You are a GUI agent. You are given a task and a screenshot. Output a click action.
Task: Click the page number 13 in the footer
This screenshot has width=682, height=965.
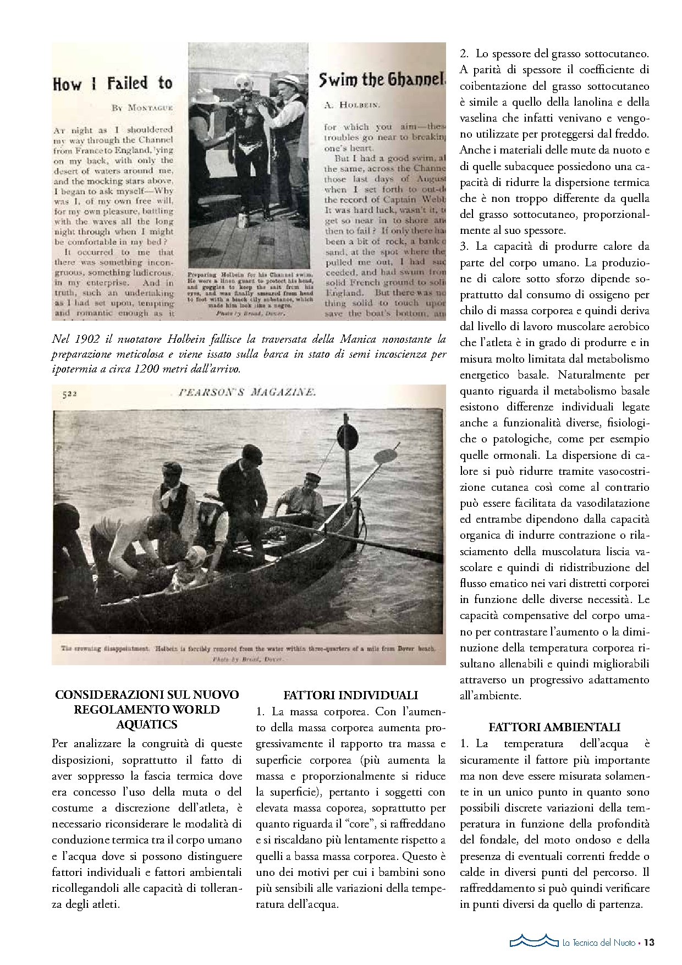649,942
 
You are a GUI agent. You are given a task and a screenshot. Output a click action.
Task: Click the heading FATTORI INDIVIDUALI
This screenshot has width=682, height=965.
350,695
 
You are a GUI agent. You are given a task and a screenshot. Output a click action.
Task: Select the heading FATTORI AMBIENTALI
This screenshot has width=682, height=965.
554,727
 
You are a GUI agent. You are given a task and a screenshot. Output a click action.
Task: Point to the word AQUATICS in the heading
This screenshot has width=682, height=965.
147,724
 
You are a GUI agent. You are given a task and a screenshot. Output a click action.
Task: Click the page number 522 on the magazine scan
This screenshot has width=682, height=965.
69,393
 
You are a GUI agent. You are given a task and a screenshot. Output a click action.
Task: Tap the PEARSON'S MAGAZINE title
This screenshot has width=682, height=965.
247,392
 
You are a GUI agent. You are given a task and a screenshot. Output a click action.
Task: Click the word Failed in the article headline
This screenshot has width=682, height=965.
128,84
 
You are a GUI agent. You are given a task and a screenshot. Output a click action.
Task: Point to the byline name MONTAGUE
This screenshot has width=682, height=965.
150,108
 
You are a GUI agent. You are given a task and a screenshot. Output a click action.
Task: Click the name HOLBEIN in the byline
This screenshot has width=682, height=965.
360,105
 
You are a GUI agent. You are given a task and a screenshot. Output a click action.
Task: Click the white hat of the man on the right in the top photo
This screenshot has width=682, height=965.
287,82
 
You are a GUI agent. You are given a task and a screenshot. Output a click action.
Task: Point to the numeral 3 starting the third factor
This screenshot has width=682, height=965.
464,246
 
